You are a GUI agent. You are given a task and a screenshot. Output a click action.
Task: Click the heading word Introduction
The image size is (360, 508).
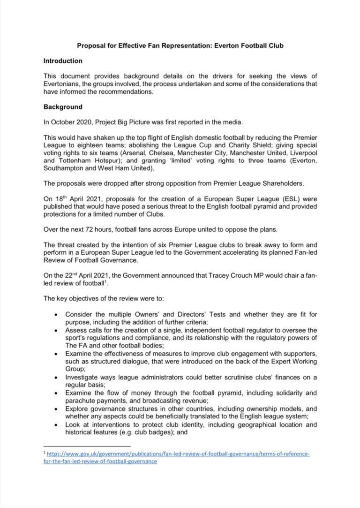point(63,61)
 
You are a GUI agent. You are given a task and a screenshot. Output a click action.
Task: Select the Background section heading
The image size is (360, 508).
point(63,107)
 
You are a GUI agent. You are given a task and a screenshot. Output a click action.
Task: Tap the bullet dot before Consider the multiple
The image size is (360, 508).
point(56,314)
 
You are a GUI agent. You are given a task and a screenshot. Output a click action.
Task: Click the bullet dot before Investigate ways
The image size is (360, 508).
point(56,378)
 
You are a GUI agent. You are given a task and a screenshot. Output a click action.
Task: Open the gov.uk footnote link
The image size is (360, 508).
point(178,454)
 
